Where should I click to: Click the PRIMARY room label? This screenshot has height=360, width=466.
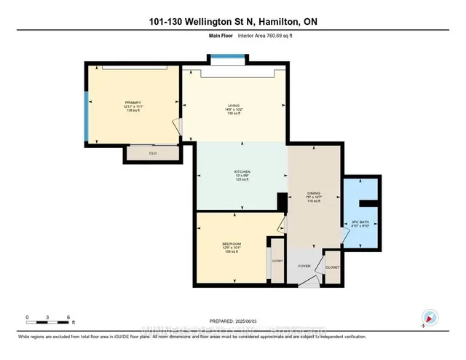click(133, 103)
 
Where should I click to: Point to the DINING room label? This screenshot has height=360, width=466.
click(314, 195)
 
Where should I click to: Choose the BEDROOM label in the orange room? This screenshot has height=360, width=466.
click(232, 243)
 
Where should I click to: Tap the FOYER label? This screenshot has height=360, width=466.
click(304, 266)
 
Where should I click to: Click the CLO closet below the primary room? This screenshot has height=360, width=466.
click(153, 154)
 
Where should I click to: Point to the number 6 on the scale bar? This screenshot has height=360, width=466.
click(68, 318)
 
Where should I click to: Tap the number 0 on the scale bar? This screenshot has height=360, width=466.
click(27, 318)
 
